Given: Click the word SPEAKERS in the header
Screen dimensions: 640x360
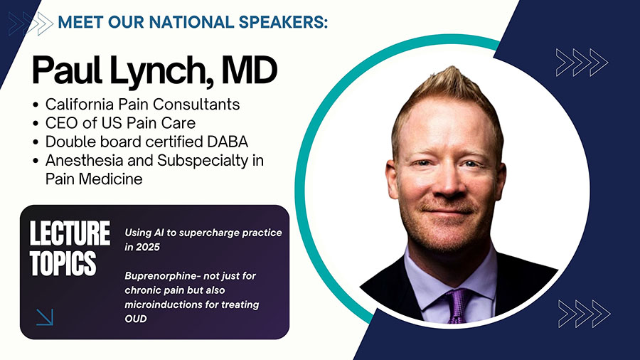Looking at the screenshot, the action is [x=283, y=22].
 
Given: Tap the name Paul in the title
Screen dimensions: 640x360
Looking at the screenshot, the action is [x=67, y=70].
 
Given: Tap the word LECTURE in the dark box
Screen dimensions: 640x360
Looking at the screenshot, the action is [x=70, y=233].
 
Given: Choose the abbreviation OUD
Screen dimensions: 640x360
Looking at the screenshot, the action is [x=136, y=319].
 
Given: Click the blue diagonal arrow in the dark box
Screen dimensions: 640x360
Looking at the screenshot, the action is [x=45, y=317].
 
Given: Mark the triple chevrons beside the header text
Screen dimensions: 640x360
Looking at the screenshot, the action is [x=31, y=23].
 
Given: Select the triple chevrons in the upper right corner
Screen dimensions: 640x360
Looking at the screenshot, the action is [x=582, y=63].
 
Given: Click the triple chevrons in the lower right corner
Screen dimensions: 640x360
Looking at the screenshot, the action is [x=584, y=314].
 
